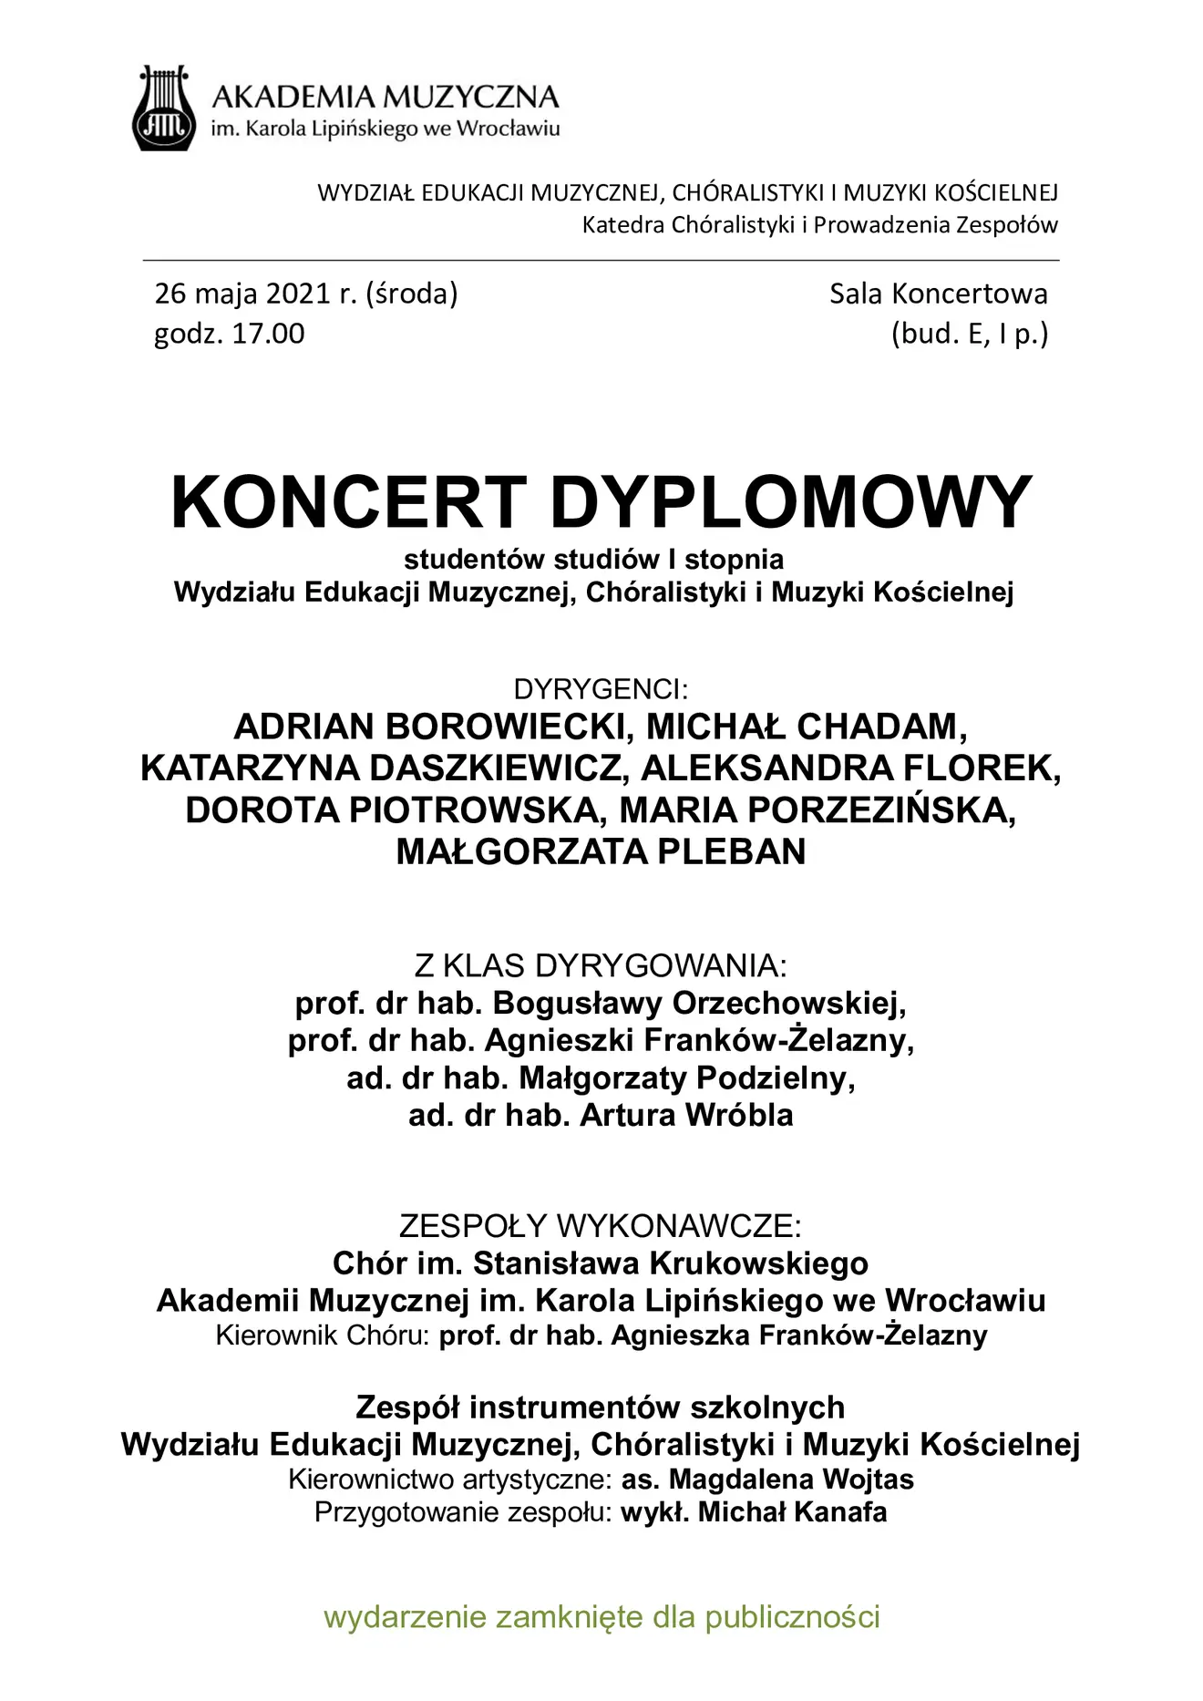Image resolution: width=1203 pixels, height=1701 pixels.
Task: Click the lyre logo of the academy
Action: pyautogui.click(x=165, y=108)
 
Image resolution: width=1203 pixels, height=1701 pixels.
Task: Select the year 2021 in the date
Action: pyautogui.click(x=299, y=294)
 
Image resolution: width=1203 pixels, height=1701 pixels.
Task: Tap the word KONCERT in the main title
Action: pyautogui.click(x=348, y=503)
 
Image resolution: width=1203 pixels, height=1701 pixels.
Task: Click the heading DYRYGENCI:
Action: pyautogui.click(x=601, y=688)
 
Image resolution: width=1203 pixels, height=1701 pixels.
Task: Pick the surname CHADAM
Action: pyautogui.click(x=881, y=727)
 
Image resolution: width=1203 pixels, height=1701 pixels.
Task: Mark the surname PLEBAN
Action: pyautogui.click(x=732, y=851)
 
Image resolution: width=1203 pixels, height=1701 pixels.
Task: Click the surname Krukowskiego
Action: pyautogui.click(x=759, y=1263)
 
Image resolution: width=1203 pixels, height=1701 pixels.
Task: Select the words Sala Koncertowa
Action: pyautogui.click(x=938, y=294)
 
